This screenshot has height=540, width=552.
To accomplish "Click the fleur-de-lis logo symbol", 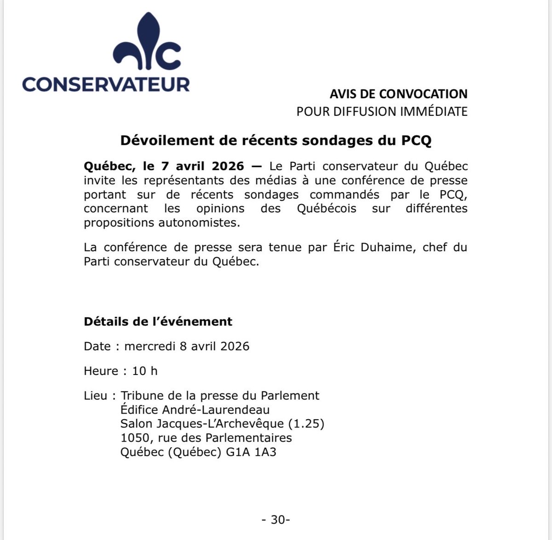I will tap(146, 44).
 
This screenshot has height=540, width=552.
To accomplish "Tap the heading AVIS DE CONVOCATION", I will tap(398, 94).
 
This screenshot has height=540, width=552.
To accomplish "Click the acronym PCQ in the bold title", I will tap(416, 141).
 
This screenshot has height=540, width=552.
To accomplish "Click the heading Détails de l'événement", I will tap(158, 322).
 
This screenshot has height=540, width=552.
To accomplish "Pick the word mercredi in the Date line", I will tap(150, 346).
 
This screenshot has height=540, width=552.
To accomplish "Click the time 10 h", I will tap(144, 371).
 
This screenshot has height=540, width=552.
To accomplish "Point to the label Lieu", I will tap(95, 396).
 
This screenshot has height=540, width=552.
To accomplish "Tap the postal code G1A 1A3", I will tap(251, 452).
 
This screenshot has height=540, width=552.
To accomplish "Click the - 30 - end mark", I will tap(276, 520).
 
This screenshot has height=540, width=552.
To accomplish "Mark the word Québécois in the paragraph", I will tap(326, 209).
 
